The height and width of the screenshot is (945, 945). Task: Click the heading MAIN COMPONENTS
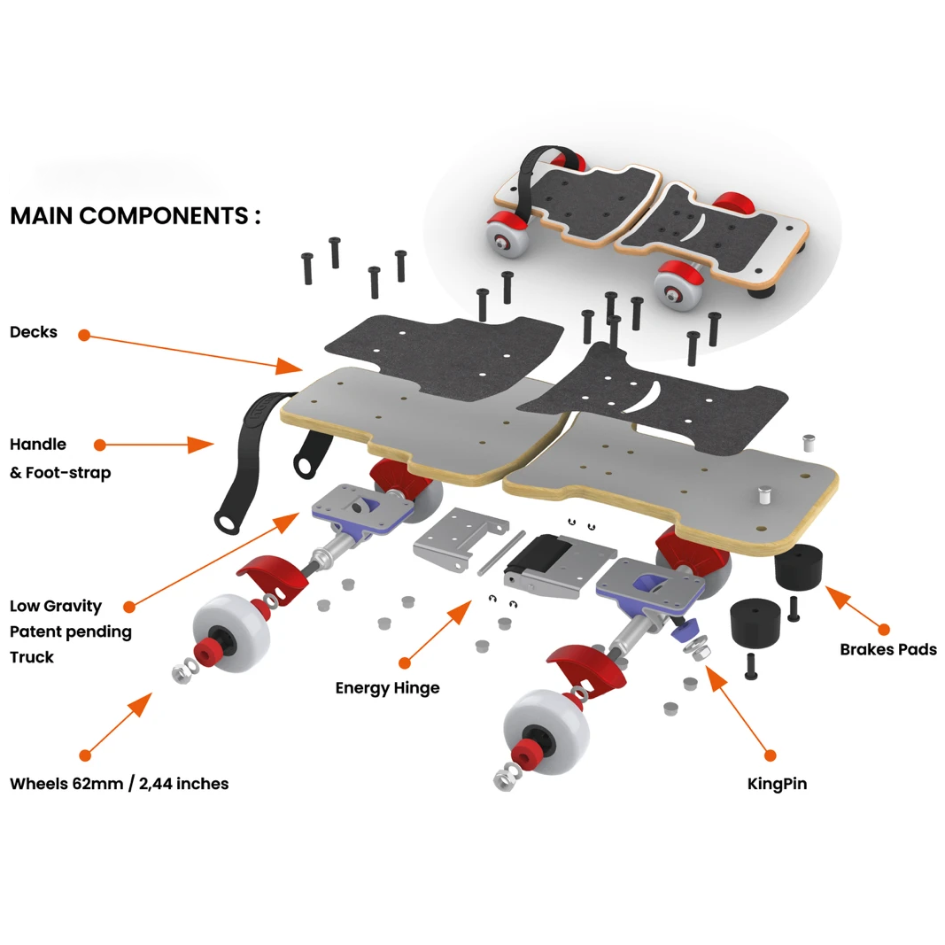pos(135,215)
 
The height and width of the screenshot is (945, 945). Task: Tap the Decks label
pos(34,332)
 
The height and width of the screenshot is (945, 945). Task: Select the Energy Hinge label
pos(387,687)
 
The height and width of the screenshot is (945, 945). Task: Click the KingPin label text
pos(777,783)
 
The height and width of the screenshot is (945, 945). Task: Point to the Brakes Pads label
pos(887,649)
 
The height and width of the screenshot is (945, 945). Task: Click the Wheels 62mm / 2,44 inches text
pos(119,783)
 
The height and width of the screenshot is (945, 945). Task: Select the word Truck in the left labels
pos(32,656)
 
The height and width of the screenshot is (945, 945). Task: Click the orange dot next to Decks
pos(84,335)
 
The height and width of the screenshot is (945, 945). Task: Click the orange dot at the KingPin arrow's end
pos(770,755)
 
